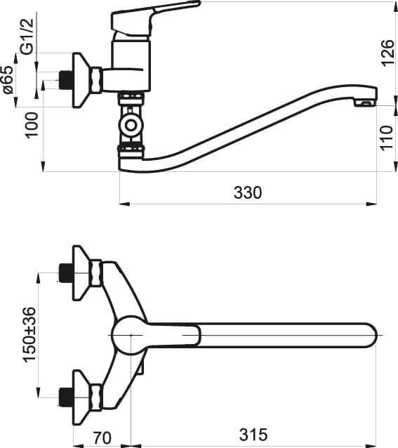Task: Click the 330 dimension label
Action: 248,192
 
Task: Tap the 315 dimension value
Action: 253,435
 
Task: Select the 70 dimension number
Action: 102,437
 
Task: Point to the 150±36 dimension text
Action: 29,334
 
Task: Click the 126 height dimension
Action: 387,53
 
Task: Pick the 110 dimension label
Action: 387,138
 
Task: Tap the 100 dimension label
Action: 31,126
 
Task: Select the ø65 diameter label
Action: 8,80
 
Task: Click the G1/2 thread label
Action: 27,36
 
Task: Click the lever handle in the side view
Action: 149,17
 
